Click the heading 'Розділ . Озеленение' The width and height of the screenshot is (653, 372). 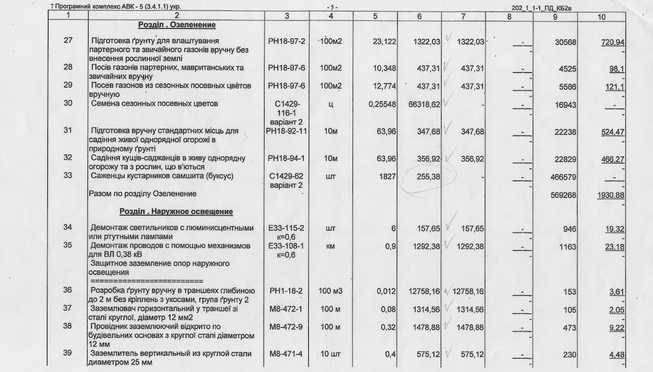[x=177, y=25]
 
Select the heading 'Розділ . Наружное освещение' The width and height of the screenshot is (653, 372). [x=176, y=212]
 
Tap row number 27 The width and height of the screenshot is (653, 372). [x=68, y=41]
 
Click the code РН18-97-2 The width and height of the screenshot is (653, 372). [x=286, y=41]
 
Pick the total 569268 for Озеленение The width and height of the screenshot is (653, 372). [x=565, y=195]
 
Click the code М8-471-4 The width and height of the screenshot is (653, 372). [x=286, y=354]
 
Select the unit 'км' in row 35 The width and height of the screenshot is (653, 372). [x=331, y=246]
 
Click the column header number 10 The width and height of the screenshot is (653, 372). [x=601, y=17]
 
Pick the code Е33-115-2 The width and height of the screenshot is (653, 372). [x=286, y=228]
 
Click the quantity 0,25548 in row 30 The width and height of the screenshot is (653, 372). [x=382, y=104]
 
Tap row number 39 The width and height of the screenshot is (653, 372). [x=68, y=354]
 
